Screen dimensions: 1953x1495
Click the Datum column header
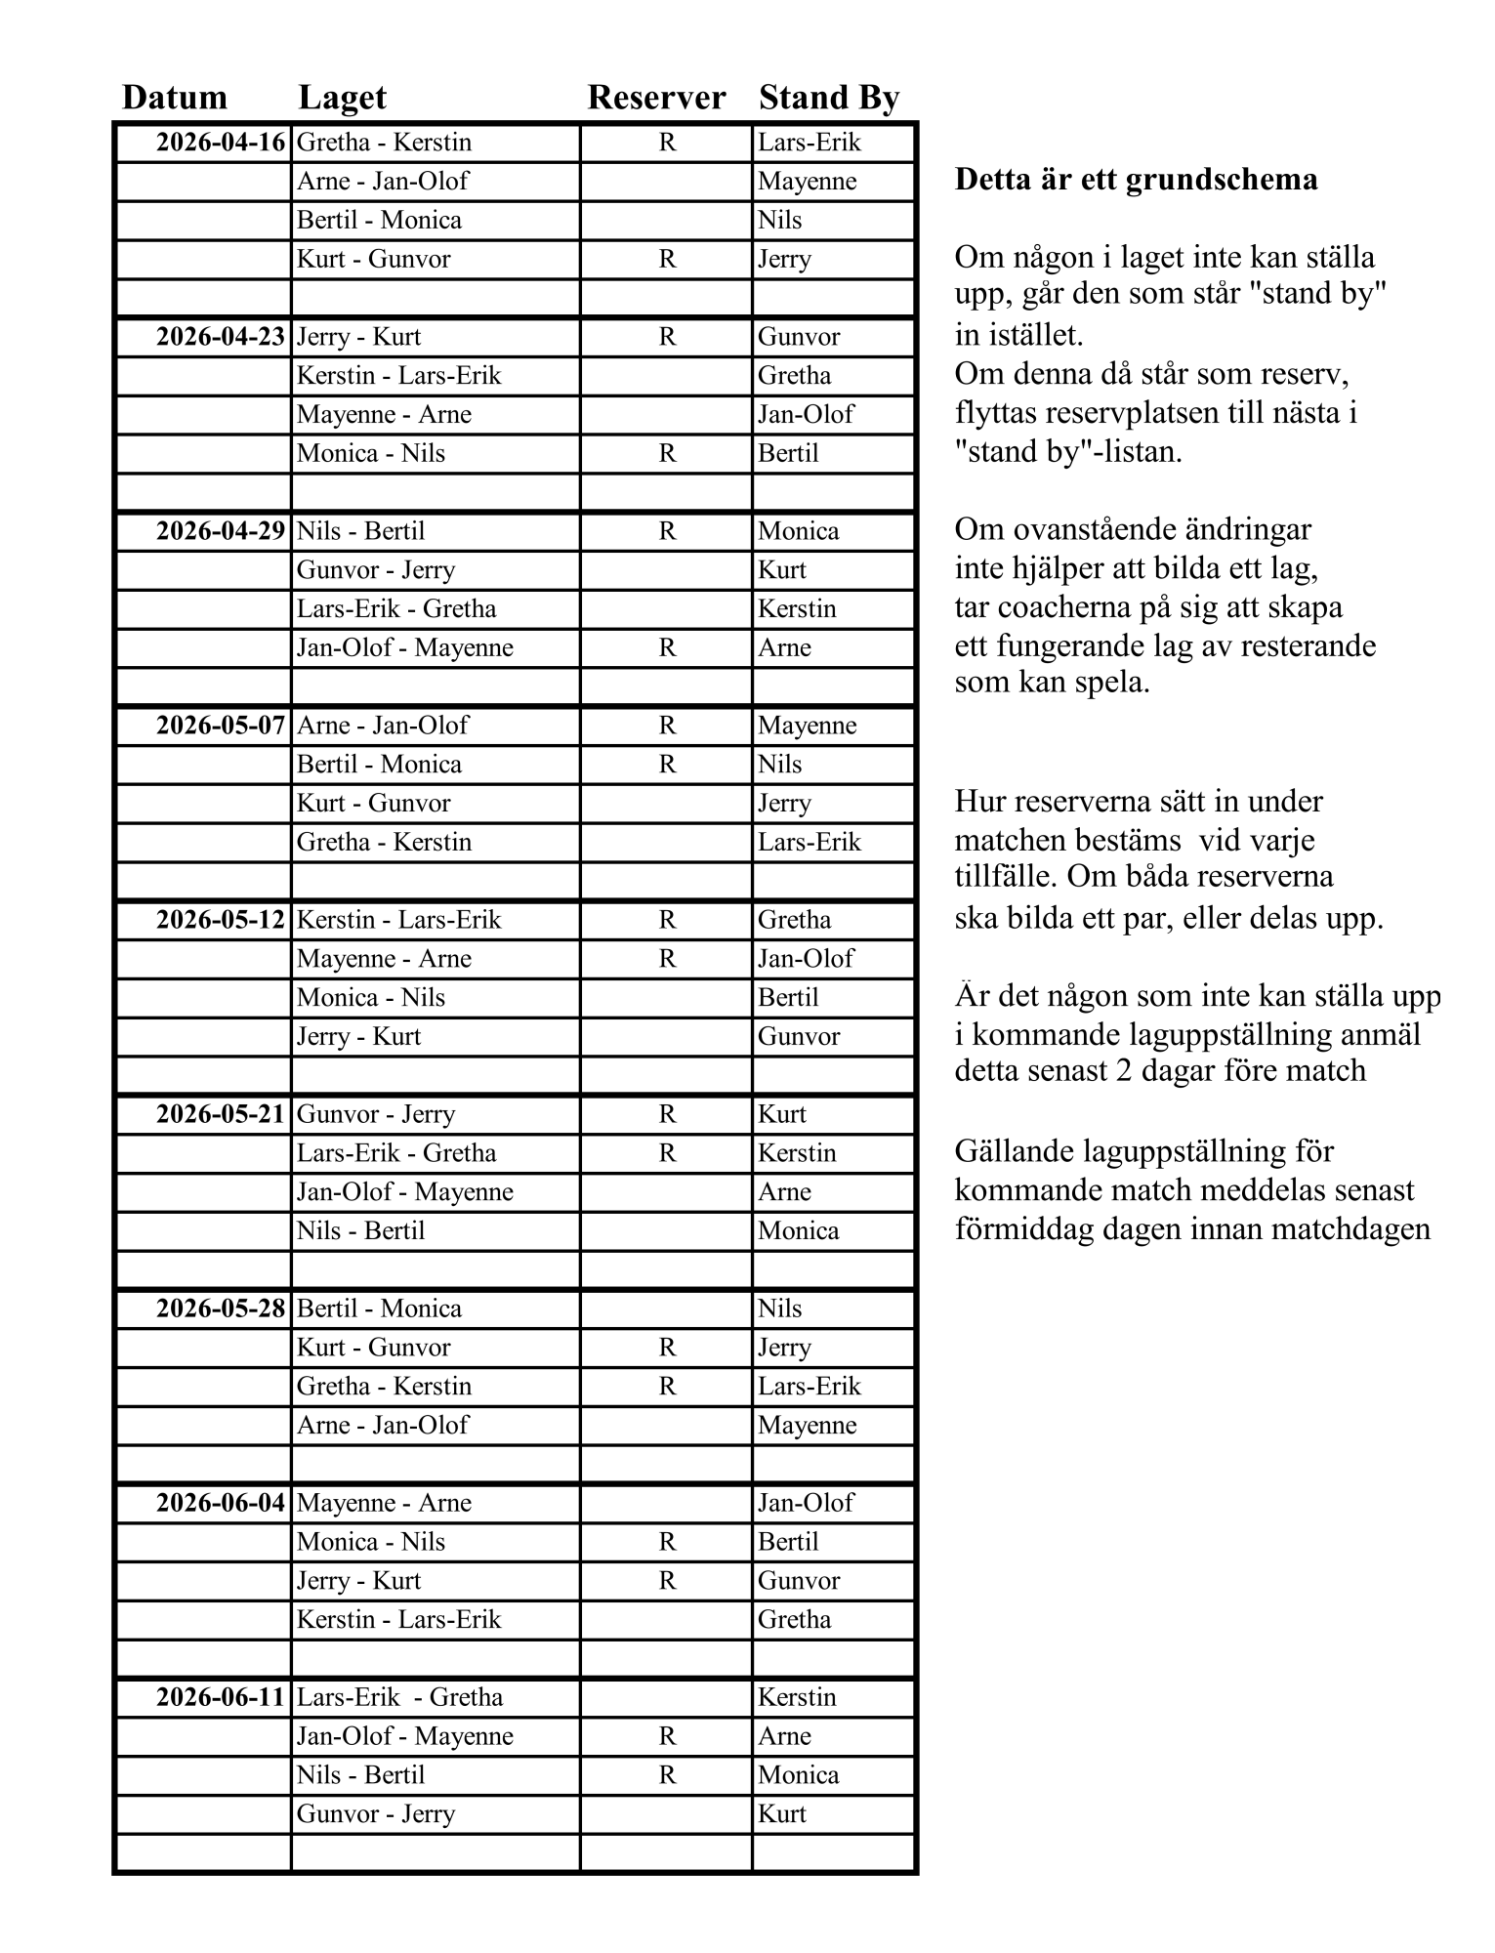point(174,98)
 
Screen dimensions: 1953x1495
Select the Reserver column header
point(656,98)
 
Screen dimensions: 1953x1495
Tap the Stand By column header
point(828,98)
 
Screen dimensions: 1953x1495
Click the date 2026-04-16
point(221,143)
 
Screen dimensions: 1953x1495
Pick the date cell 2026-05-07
point(221,726)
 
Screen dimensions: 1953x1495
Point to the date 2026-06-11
point(221,1697)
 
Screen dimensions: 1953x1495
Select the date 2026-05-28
point(221,1309)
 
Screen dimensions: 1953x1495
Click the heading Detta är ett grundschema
point(1136,180)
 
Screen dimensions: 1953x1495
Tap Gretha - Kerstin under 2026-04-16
point(384,143)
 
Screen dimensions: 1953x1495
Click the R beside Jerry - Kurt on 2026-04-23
point(667,337)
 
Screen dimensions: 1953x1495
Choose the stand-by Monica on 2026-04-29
point(799,531)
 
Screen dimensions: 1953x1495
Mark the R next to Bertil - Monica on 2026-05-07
point(667,765)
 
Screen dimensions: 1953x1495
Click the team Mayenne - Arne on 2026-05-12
point(384,959)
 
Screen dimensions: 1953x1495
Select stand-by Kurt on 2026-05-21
point(782,1114)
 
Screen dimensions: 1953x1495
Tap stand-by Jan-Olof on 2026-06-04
point(806,1503)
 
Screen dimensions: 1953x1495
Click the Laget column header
point(342,98)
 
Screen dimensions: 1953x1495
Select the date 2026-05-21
point(221,1114)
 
